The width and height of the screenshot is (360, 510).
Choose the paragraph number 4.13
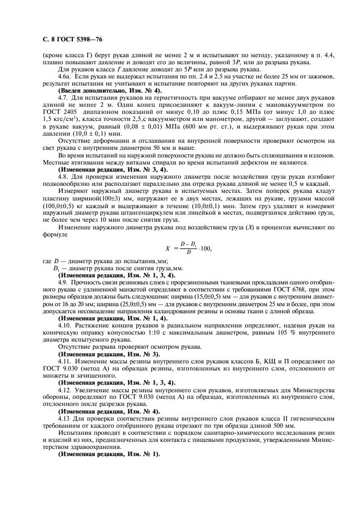click(x=65, y=419)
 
